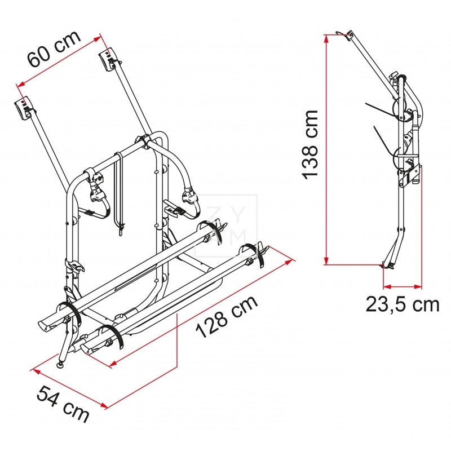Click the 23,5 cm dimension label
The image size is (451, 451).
tap(402, 304)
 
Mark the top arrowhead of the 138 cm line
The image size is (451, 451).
tap(326, 38)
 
